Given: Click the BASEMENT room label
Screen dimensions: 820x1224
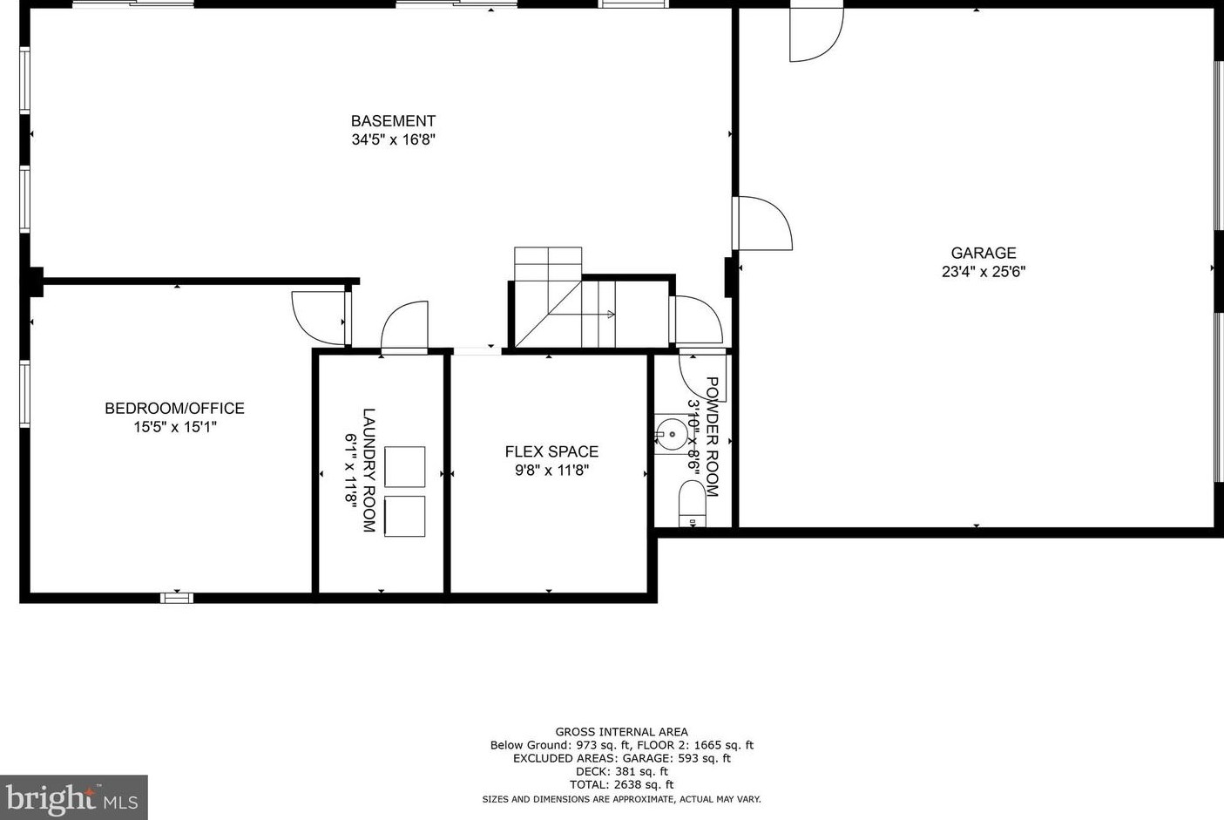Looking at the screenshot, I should click(393, 121).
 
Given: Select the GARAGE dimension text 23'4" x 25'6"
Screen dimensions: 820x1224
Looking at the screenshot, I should click(983, 271).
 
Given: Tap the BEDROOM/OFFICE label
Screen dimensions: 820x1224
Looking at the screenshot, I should click(174, 408).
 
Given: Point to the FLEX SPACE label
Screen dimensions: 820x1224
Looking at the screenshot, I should click(551, 451).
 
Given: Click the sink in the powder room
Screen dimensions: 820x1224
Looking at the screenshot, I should click(671, 433).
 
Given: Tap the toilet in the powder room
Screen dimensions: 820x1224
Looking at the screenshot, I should click(692, 505).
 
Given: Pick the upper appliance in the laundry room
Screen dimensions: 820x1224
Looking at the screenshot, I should click(404, 467).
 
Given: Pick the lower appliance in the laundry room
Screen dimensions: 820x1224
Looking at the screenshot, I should click(404, 516).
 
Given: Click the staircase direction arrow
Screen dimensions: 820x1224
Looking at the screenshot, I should click(610, 315).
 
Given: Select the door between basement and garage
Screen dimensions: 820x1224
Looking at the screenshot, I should click(763, 223).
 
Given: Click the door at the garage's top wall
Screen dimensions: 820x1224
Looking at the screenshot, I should click(815, 35).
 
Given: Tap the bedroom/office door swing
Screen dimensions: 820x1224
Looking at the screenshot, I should click(319, 317).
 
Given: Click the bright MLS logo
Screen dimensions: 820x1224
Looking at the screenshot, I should click(73, 797).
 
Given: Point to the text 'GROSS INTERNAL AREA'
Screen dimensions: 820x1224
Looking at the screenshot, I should click(621, 732).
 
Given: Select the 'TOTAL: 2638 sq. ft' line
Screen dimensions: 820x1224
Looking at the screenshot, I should click(621, 784).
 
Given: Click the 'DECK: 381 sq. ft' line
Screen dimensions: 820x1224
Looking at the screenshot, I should click(621, 771).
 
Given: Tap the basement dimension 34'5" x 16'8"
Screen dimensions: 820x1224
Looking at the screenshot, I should click(393, 139).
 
